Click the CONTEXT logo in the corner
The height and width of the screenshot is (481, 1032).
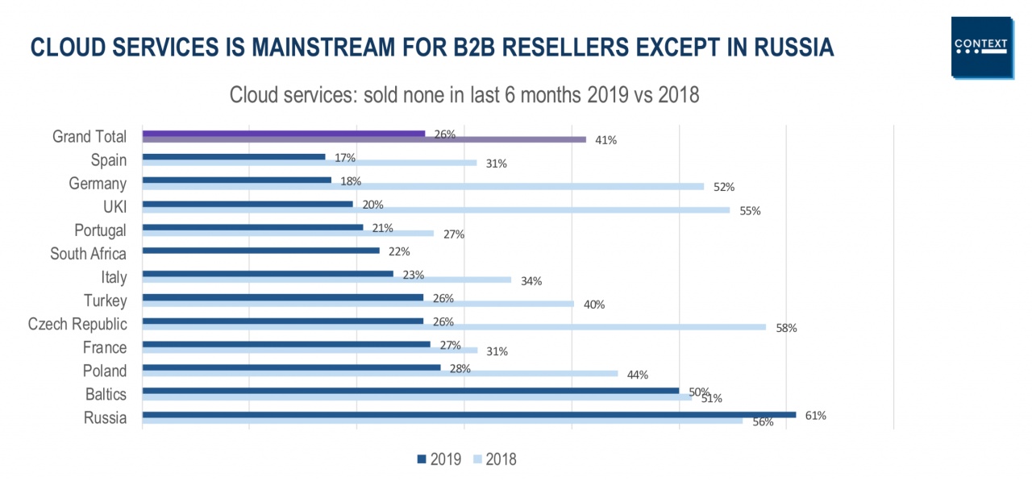coord(981,47)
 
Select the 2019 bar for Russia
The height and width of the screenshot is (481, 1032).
coord(468,415)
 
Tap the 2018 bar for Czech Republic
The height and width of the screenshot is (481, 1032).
coord(453,327)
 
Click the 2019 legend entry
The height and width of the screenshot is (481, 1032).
coord(439,460)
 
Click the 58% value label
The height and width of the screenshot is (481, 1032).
coord(786,328)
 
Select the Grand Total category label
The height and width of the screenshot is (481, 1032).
coord(89,137)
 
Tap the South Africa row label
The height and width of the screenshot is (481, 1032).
coord(88,254)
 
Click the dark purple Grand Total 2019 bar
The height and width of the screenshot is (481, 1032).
coord(282,133)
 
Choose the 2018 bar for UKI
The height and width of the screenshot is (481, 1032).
coord(435,210)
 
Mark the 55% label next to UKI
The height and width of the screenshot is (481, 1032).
coord(750,211)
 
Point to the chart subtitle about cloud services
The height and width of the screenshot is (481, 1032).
coord(464,95)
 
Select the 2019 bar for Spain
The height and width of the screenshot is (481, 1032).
coord(234,157)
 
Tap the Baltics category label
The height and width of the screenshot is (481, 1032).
coord(106,394)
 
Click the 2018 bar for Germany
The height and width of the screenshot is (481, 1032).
coord(422,187)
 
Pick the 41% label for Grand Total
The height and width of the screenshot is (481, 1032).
coord(606,140)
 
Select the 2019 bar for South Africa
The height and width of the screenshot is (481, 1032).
coord(260,251)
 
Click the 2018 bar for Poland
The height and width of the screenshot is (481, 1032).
coord(379,374)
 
